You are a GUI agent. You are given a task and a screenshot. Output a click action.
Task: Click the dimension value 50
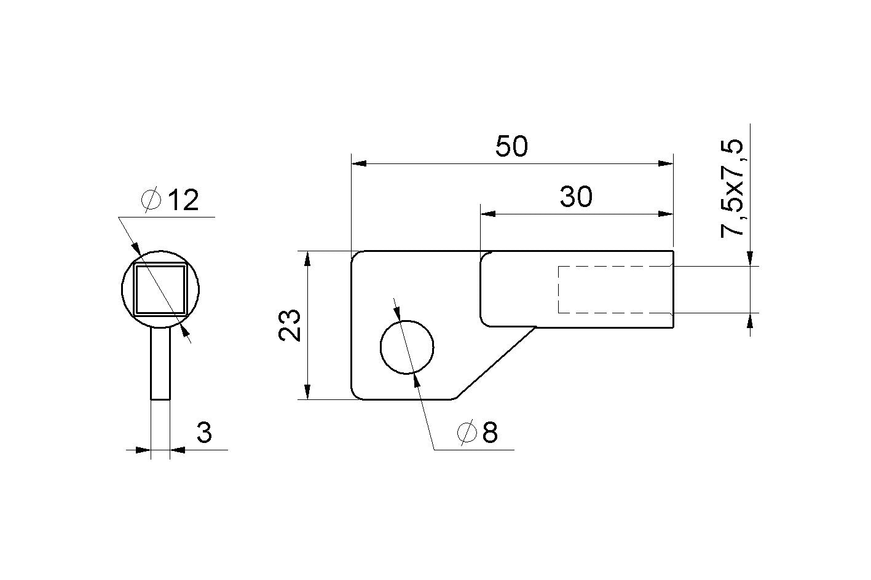click(x=511, y=147)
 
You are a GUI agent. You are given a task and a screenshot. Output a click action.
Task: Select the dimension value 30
click(x=576, y=197)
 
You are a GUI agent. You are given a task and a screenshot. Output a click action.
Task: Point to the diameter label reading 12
click(x=183, y=200)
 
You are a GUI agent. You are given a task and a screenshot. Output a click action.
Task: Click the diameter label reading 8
click(x=489, y=433)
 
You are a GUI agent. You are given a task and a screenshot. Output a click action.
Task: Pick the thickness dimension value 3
click(x=204, y=433)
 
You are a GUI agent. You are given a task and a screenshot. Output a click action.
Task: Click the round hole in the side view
click(x=407, y=347)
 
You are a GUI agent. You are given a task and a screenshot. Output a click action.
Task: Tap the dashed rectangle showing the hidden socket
click(x=615, y=289)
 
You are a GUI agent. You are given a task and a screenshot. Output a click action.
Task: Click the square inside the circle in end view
click(x=160, y=289)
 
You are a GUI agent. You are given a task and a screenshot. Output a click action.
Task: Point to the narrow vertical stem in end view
click(x=160, y=363)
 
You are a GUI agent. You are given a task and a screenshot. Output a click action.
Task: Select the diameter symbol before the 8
click(x=467, y=433)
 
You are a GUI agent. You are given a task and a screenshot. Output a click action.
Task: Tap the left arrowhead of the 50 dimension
click(x=358, y=164)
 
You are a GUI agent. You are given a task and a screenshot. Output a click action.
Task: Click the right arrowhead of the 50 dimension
click(x=666, y=164)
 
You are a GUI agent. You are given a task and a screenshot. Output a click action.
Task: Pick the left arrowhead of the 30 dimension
click(x=488, y=214)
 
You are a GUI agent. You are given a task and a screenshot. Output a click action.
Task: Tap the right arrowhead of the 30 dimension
click(x=666, y=214)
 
